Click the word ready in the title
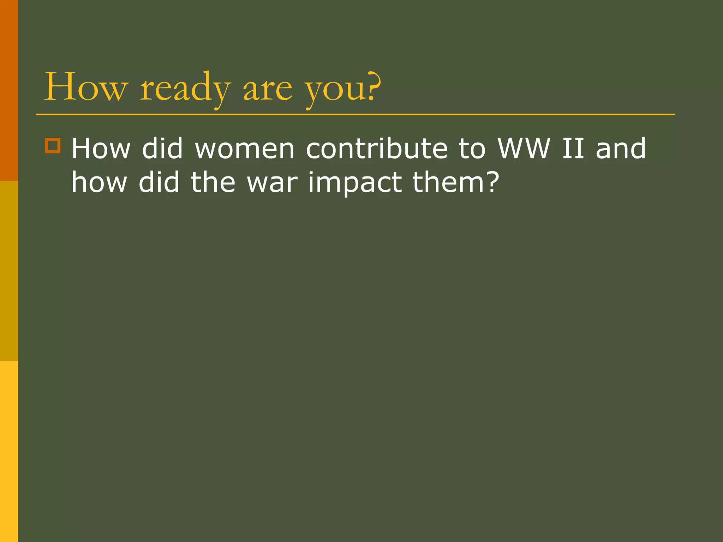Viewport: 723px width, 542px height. point(185,88)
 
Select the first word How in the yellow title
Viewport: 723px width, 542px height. point(85,87)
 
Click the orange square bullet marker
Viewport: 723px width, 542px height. point(53,145)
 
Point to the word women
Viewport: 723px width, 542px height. point(245,149)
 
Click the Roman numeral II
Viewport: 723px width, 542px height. point(573,149)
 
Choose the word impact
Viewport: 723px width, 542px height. point(355,183)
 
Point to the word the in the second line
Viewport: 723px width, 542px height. point(213,183)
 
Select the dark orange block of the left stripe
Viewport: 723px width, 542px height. point(9,90)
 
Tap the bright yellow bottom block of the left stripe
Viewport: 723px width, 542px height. point(9,452)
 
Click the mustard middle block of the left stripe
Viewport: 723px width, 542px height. point(9,271)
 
